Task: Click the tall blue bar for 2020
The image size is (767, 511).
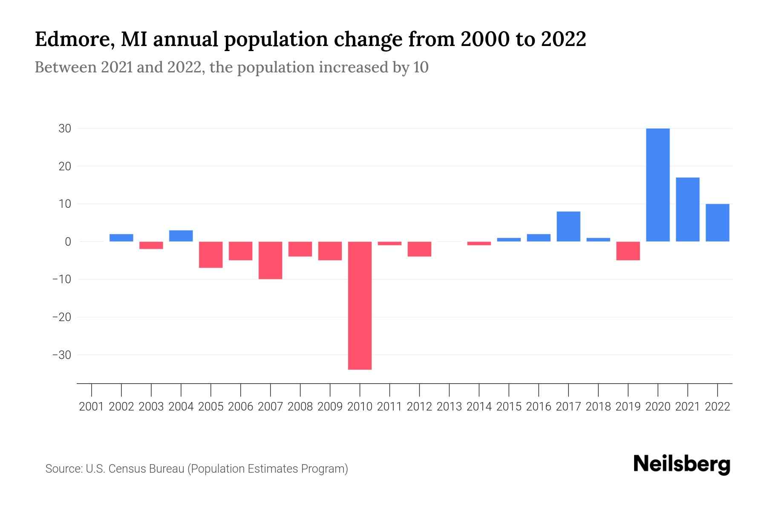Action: (658, 185)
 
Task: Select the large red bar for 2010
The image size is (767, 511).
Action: (360, 305)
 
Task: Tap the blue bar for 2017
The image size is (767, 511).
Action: (568, 227)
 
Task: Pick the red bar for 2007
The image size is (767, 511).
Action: (270, 260)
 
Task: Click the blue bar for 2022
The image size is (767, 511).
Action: (718, 223)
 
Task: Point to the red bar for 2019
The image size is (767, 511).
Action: (628, 251)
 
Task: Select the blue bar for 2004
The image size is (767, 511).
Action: (181, 236)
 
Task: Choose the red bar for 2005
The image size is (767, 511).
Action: (211, 255)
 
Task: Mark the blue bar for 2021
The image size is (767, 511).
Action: (688, 210)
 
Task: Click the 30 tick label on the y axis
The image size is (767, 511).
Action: (65, 129)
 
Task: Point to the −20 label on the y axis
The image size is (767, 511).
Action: (61, 317)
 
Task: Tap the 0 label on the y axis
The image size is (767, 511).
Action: (68, 242)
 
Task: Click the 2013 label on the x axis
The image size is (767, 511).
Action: (449, 407)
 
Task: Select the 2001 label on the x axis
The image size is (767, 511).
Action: (92, 407)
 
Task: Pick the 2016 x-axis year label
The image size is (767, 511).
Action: (539, 407)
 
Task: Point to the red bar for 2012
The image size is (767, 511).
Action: (419, 249)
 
